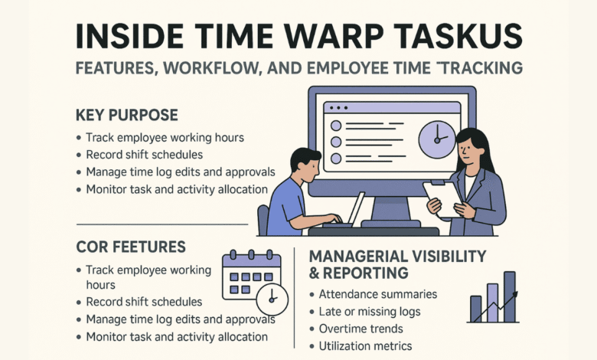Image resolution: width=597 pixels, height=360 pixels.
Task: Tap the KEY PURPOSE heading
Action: (127, 116)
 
